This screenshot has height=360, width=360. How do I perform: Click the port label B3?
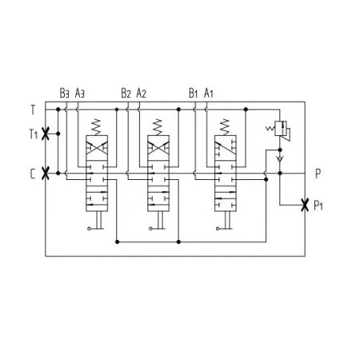coord(64,93)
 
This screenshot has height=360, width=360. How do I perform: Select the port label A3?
coord(80,93)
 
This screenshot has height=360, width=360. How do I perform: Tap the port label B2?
coord(126,93)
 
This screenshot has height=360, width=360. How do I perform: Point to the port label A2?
coord(142,93)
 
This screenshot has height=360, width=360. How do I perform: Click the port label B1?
coord(194,93)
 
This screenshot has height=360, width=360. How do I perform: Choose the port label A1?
coord(209,93)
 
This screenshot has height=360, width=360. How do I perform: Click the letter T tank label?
coord(33,110)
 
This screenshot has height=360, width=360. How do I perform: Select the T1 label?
coord(34,134)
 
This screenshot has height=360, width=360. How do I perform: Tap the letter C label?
coord(33,174)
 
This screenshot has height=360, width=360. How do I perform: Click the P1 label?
coord(318,206)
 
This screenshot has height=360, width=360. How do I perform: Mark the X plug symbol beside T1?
coord(46,134)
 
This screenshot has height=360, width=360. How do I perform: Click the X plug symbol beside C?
coord(46,174)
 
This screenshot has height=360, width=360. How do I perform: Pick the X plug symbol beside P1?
coord(305,205)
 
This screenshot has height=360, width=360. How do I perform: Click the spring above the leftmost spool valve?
coord(97,127)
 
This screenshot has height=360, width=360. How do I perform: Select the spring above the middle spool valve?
coord(158,127)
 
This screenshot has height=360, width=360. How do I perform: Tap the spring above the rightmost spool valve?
coord(225,127)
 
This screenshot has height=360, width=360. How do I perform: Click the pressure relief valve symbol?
coord(279,130)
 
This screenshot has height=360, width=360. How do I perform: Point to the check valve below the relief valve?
coord(280,159)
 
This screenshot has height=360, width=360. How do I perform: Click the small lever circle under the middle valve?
coord(150,229)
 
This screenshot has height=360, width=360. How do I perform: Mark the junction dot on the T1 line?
coord(58,134)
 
